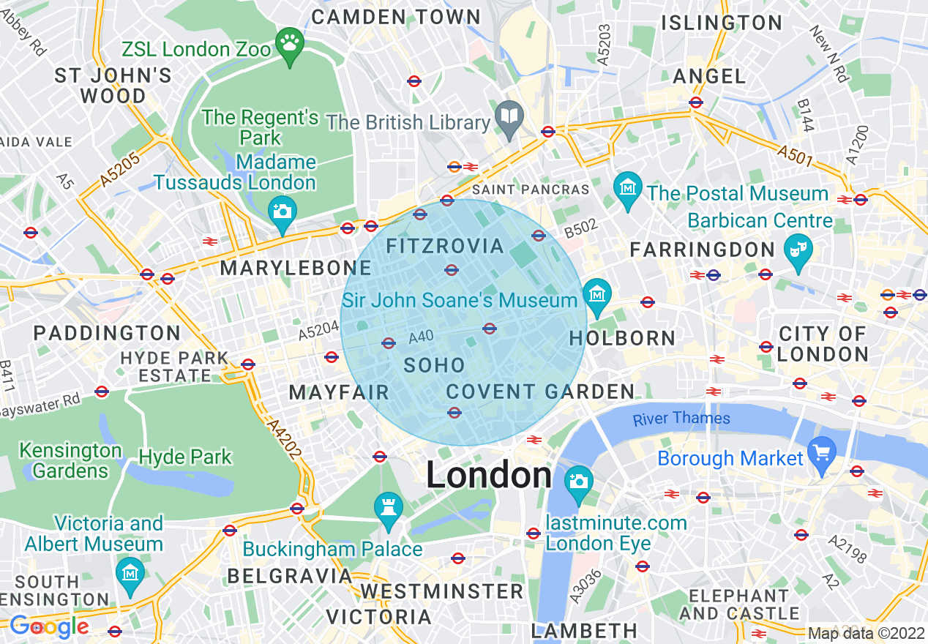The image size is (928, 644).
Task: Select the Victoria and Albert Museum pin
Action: click(130, 572)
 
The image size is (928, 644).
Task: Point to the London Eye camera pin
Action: click(578, 482)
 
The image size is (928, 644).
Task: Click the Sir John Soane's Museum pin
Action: click(597, 295)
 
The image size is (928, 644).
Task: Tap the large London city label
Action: click(489, 476)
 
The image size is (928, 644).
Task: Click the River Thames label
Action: click(681, 419)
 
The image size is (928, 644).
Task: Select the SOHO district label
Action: click(434, 365)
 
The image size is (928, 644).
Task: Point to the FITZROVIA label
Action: click(445, 246)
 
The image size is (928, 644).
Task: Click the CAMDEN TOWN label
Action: click(396, 16)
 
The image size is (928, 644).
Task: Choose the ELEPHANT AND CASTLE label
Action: click(739, 604)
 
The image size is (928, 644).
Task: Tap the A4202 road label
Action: click(284, 439)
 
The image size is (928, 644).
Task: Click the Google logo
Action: click(49, 626)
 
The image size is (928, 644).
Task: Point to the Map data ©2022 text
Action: click(866, 633)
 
